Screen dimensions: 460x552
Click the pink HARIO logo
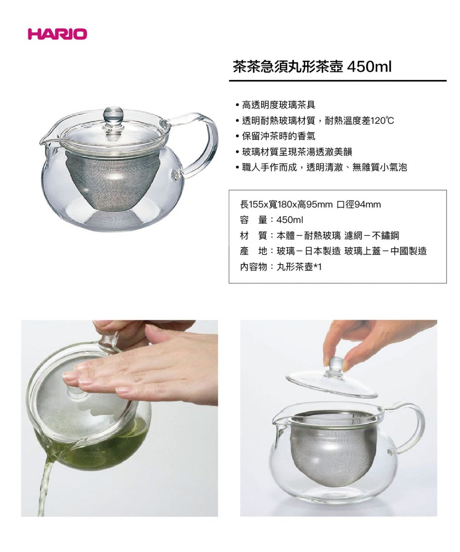57,34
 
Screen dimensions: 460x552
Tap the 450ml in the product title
369,67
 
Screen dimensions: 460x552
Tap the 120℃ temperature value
382,121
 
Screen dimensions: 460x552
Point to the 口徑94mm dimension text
359,205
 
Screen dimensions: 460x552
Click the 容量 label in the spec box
253,220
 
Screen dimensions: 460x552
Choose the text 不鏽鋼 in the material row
385,236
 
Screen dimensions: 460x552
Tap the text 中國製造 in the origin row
408,251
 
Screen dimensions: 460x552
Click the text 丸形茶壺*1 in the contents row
299,267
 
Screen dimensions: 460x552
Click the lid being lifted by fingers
332,384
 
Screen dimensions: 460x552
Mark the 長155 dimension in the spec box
251,205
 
